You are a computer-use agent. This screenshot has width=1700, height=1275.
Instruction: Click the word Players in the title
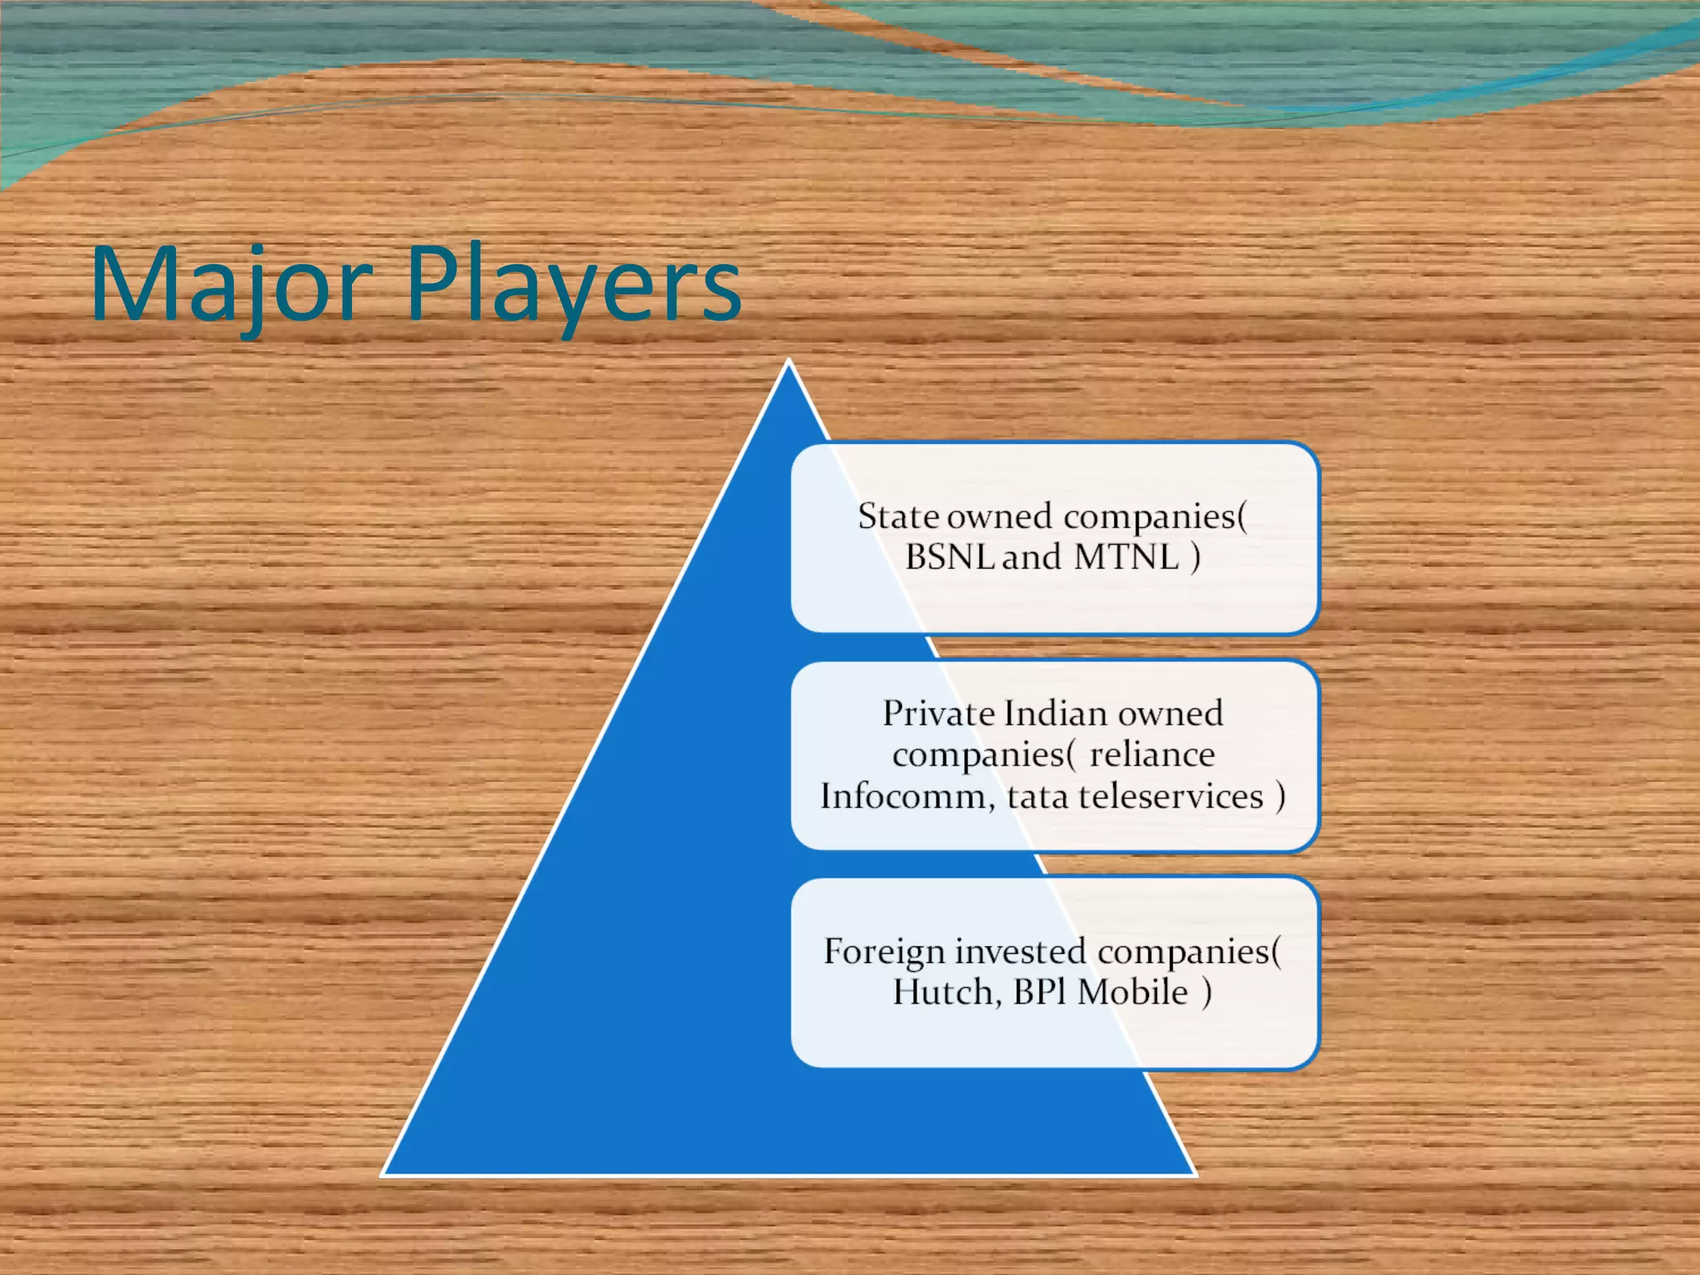573,284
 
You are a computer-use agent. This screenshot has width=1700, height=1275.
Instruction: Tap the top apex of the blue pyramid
789,363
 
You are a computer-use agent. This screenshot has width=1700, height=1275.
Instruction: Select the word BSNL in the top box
949,557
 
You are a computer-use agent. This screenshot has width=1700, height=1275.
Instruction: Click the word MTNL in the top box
1126,557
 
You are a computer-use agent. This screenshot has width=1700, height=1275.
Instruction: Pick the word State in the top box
898,516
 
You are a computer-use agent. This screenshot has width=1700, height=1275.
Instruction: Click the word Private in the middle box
938,713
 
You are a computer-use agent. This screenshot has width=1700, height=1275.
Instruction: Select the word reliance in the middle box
1151,755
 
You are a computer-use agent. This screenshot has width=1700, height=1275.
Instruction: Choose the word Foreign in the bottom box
883,951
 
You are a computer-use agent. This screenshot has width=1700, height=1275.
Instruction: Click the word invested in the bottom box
1019,951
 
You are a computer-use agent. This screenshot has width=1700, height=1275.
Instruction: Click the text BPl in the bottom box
1038,992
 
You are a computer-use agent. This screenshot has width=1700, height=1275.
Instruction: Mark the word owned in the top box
999,516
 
